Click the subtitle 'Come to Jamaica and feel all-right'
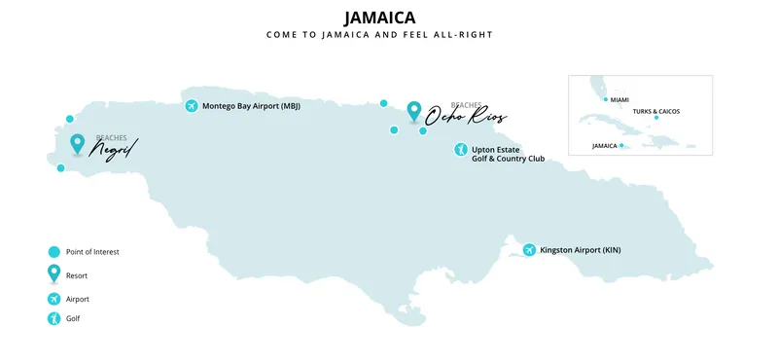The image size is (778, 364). click(x=380, y=35)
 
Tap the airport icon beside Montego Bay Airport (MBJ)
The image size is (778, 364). click(x=191, y=106)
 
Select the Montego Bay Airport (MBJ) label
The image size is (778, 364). click(x=251, y=106)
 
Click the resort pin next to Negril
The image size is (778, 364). click(x=78, y=144)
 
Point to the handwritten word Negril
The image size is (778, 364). click(x=114, y=150)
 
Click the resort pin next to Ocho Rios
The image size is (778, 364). click(x=415, y=111)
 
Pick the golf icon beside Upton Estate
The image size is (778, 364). click(x=461, y=150)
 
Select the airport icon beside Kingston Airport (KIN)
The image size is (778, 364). click(x=529, y=250)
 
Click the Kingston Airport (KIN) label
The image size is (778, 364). click(x=580, y=250)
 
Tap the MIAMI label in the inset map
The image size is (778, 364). click(x=620, y=99)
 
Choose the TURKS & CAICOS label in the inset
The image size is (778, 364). click(x=656, y=111)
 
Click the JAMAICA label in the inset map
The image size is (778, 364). click(x=605, y=146)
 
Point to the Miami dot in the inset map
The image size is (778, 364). click(x=606, y=99)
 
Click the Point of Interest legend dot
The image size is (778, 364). click(x=54, y=251)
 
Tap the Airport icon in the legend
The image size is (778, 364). click(x=54, y=299)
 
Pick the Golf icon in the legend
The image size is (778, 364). click(x=54, y=318)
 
